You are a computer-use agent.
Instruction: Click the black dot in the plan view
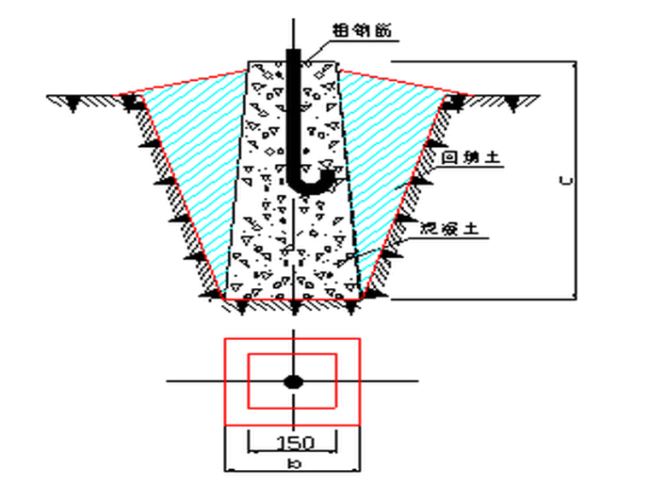pos(293,382)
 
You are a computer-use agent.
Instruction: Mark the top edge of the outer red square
pos(292,339)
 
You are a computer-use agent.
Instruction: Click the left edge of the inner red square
pos(248,382)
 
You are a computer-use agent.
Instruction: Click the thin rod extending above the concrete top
pos(293,34)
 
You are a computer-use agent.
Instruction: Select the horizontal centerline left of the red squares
pos(195,382)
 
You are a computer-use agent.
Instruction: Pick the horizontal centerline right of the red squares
pos(389,382)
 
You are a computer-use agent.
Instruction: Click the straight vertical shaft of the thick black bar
pos(292,111)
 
